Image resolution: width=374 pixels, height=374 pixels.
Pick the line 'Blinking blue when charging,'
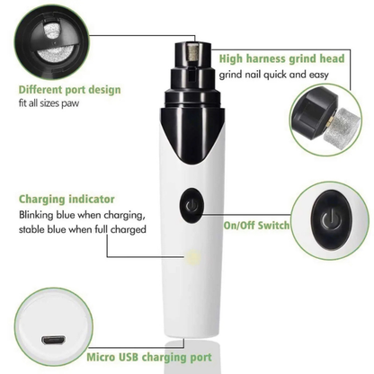coord(80,217)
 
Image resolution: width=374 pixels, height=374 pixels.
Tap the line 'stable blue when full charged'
coord(82,233)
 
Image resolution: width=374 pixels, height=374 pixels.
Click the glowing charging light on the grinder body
coord(191,259)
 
